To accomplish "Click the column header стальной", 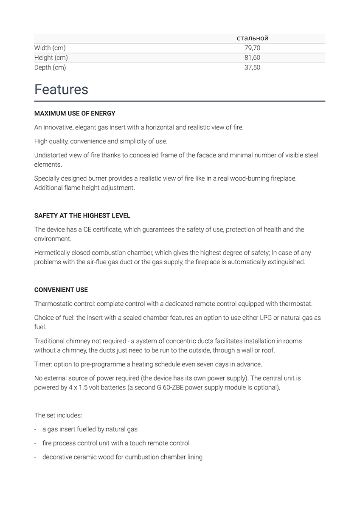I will pyautogui.click(x=252, y=38).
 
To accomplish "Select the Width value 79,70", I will pyautogui.click(x=252, y=48).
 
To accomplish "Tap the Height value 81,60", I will pyautogui.click(x=252, y=58).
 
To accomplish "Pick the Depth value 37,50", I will pyautogui.click(x=252, y=67).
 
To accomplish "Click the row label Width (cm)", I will pyautogui.click(x=50, y=48).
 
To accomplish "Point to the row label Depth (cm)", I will pyautogui.click(x=50, y=67).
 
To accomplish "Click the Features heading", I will pyautogui.click(x=61, y=89).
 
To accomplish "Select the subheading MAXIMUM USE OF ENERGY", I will pyautogui.click(x=75, y=114).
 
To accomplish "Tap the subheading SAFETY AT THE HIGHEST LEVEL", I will pyautogui.click(x=82, y=215).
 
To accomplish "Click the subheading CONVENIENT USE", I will pyautogui.click(x=61, y=290).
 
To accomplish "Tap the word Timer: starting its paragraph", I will pyautogui.click(x=42, y=364).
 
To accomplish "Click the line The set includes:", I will pyautogui.click(x=58, y=415).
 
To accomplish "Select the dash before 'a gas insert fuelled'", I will pyautogui.click(x=36, y=429).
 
